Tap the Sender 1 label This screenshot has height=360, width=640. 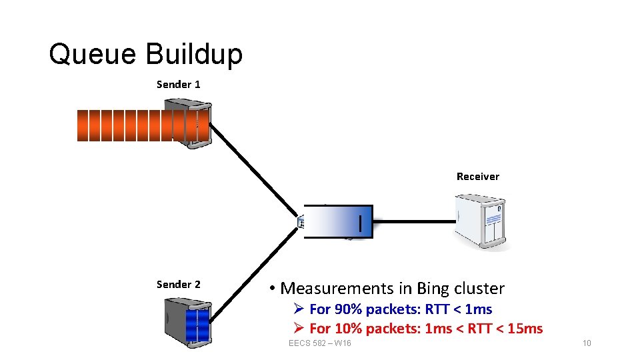coord(178,85)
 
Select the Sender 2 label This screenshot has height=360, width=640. coord(178,285)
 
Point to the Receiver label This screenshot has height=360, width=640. coord(477,177)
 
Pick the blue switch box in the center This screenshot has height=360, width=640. coord(337,221)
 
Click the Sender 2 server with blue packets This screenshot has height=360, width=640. coord(189,323)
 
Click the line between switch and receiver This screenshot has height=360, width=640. coord(413,221)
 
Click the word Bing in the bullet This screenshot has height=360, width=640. coord(433,289)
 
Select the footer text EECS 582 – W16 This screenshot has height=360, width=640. coord(320,343)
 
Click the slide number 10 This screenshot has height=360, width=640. coord(586,343)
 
